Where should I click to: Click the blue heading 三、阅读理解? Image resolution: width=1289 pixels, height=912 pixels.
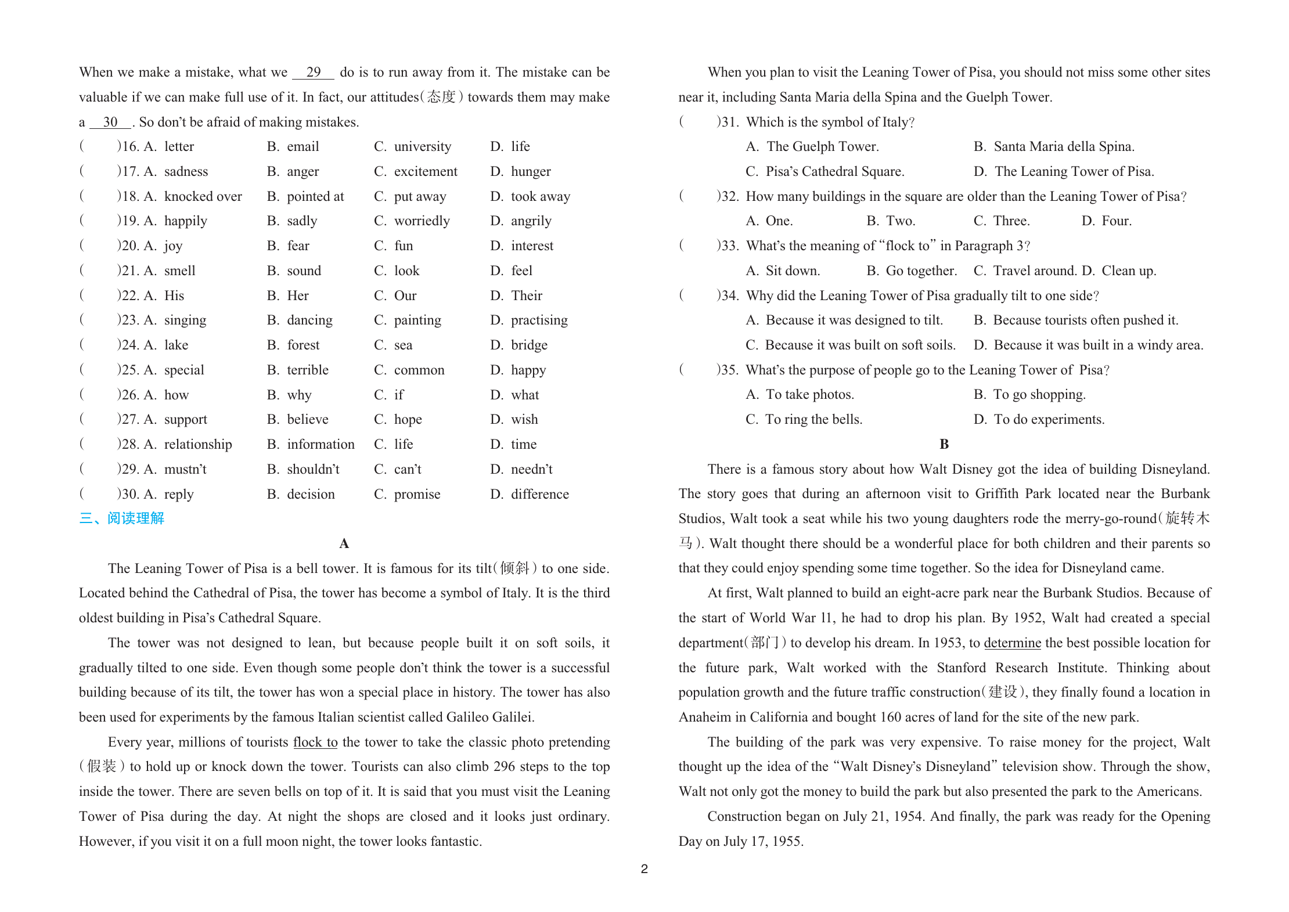point(122,518)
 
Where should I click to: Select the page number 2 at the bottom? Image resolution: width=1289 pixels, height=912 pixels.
point(644,869)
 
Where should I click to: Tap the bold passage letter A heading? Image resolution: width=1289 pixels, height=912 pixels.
point(344,543)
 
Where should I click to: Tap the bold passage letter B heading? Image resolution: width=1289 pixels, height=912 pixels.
point(944,444)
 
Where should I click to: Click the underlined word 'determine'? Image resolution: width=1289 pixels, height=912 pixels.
point(1012,643)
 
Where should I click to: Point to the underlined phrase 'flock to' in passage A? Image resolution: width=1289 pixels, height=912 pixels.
point(315,742)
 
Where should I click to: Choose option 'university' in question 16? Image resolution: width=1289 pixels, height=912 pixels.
point(422,146)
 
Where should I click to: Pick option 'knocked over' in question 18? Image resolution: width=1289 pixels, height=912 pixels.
point(203,196)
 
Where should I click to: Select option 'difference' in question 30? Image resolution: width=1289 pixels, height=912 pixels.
point(539,494)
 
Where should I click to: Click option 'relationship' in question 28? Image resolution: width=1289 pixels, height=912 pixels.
point(197,444)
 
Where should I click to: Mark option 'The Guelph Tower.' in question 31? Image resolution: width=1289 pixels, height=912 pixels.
point(822,146)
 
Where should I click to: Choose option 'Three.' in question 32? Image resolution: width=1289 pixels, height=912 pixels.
point(1011,221)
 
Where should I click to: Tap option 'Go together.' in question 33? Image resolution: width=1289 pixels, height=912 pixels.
point(921,271)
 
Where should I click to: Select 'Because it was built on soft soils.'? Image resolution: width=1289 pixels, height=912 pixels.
point(860,345)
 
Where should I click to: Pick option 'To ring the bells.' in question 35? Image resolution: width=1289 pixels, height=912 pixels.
point(813,419)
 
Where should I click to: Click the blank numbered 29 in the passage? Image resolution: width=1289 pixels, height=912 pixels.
point(313,73)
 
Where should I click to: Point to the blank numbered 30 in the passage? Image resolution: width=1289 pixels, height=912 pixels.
point(110,122)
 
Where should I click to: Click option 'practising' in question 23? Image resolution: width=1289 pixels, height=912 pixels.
point(539,320)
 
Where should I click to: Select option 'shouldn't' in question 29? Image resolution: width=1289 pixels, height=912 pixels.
point(313,469)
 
